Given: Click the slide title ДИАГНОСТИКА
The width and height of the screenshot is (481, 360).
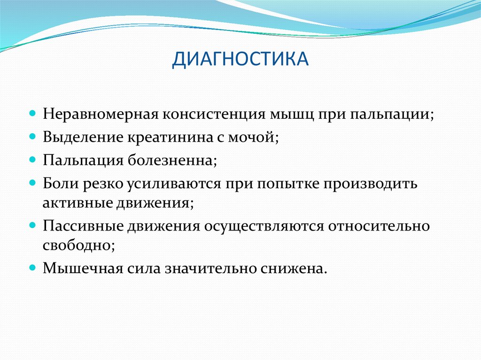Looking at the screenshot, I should [x=240, y=60].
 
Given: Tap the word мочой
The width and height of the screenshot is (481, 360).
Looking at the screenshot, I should [x=253, y=138].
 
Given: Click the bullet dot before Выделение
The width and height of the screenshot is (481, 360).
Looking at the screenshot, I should [x=33, y=138].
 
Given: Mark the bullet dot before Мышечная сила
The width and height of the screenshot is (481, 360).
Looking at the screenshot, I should [x=33, y=268].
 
